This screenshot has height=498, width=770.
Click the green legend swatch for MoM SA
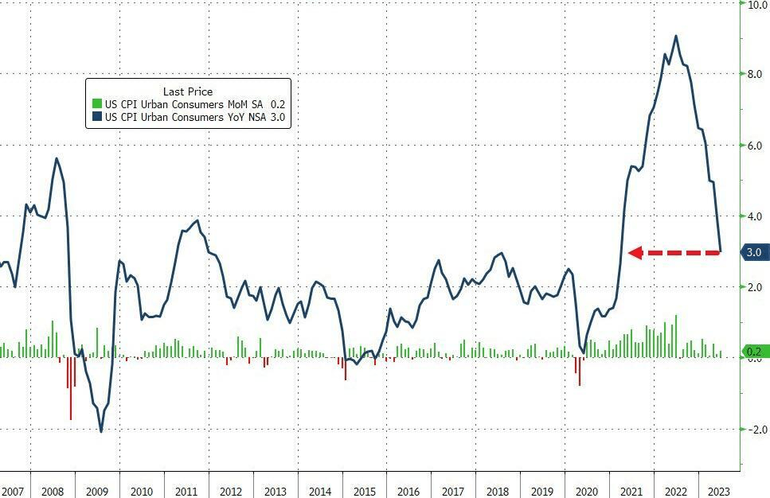(x=97, y=103)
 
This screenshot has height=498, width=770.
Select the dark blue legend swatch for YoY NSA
(x=97, y=117)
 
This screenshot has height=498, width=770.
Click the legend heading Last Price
(x=187, y=91)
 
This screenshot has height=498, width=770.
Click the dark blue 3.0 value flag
(x=755, y=252)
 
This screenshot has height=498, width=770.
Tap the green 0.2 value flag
(x=755, y=352)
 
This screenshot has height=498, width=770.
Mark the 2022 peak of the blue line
(x=676, y=36)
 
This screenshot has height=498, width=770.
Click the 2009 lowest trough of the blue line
(x=101, y=431)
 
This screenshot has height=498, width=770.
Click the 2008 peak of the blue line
(x=57, y=158)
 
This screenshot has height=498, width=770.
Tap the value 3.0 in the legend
(x=278, y=117)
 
